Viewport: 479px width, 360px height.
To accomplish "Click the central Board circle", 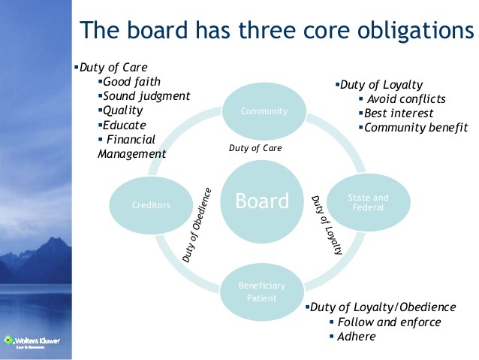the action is click(x=262, y=201).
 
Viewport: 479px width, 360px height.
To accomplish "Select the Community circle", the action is click(x=264, y=112).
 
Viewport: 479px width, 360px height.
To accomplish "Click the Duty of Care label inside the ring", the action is click(x=255, y=148).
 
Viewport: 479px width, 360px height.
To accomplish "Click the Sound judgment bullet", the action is click(x=146, y=96).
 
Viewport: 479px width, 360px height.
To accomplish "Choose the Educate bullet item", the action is click(x=125, y=125).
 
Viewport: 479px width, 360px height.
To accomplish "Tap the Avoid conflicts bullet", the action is click(x=406, y=98).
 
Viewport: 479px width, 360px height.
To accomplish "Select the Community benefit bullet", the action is click(x=415, y=128).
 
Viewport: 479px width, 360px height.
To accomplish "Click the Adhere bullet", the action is click(x=357, y=336).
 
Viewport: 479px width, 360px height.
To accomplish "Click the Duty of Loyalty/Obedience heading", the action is click(x=383, y=307).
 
